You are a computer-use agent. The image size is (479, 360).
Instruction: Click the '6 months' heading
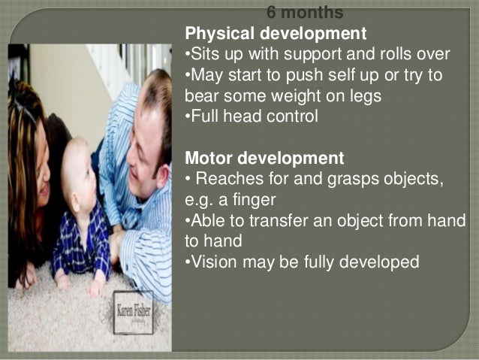(305, 13)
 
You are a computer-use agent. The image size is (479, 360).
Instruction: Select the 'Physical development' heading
(276, 34)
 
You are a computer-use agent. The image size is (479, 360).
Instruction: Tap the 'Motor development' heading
(264, 159)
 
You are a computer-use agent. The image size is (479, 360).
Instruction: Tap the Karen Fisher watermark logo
(133, 311)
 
